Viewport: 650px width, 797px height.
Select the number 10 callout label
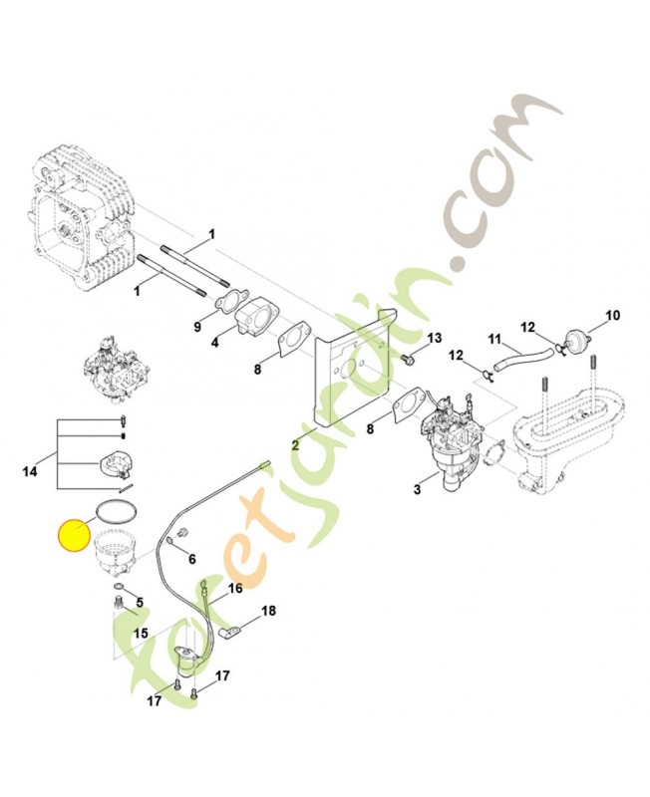pos(613,316)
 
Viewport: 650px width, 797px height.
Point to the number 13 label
pos(435,338)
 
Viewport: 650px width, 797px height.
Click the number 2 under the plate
pos(295,445)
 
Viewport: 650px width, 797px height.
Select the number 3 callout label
pos(417,489)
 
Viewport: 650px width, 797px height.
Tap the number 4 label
pos(215,343)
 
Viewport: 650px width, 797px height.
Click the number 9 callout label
pos(197,327)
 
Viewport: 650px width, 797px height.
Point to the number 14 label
pos(30,471)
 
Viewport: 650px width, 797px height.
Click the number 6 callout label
pos(191,559)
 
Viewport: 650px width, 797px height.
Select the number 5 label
pos(140,603)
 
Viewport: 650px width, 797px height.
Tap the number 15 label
pos(141,634)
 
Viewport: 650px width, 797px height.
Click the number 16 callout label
pos(235,589)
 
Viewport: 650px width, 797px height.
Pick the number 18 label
pos(268,611)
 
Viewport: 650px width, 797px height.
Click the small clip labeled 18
pos(227,634)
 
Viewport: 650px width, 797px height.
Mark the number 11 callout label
pos(494,339)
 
